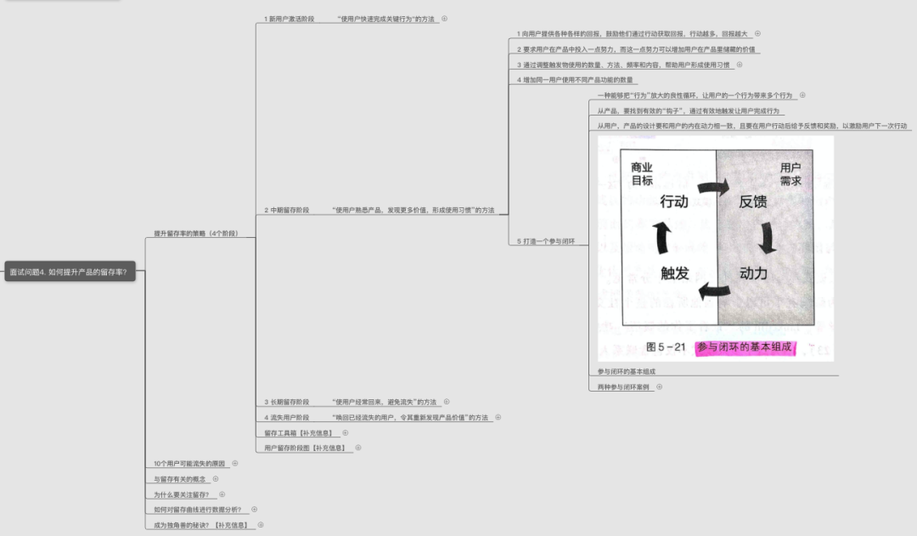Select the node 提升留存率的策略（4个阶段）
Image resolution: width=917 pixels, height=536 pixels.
point(195,233)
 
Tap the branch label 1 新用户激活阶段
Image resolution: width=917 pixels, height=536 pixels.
point(289,19)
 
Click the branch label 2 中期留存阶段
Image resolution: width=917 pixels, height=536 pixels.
point(287,210)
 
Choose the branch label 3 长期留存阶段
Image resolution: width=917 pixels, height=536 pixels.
point(287,402)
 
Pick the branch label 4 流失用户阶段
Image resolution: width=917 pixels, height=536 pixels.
point(287,417)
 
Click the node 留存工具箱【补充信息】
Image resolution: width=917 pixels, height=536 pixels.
point(300,432)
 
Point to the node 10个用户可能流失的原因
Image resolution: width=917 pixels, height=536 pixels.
point(189,463)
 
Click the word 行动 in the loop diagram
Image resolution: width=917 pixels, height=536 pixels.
point(673,201)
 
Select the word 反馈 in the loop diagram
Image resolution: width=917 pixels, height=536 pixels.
point(753,201)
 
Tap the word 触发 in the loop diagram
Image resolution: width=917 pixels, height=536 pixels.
point(674,273)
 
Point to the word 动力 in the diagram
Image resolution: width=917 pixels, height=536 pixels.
point(753,273)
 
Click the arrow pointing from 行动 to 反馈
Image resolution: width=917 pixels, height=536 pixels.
point(713,188)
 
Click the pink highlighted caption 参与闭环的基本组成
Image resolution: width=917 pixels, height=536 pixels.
point(745,347)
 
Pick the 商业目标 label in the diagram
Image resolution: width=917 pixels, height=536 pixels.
point(642,173)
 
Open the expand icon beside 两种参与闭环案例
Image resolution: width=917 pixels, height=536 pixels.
point(659,386)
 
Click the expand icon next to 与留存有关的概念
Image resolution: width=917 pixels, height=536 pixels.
point(215,478)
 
